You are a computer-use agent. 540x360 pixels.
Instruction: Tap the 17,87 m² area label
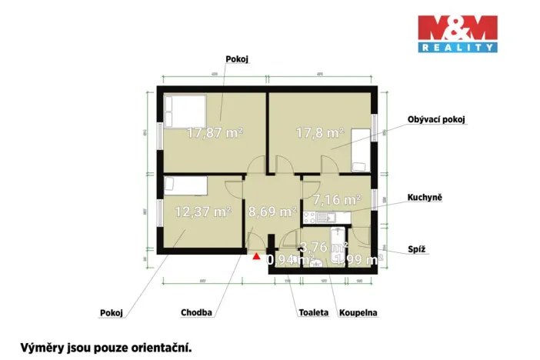(x=215, y=132)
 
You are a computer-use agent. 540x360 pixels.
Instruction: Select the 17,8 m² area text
(x=319, y=132)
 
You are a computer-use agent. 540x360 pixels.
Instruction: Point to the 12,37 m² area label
(x=203, y=211)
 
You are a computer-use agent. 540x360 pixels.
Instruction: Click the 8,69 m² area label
(x=272, y=210)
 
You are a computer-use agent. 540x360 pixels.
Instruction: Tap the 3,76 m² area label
(x=323, y=246)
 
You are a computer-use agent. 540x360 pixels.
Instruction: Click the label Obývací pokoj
(x=437, y=119)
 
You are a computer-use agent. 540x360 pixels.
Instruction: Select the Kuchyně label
(x=425, y=198)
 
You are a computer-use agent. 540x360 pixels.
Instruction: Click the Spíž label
(x=417, y=250)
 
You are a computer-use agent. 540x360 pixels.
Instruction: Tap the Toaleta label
(x=313, y=313)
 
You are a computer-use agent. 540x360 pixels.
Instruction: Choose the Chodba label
(x=196, y=313)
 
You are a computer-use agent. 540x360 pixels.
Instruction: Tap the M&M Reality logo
(x=457, y=34)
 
